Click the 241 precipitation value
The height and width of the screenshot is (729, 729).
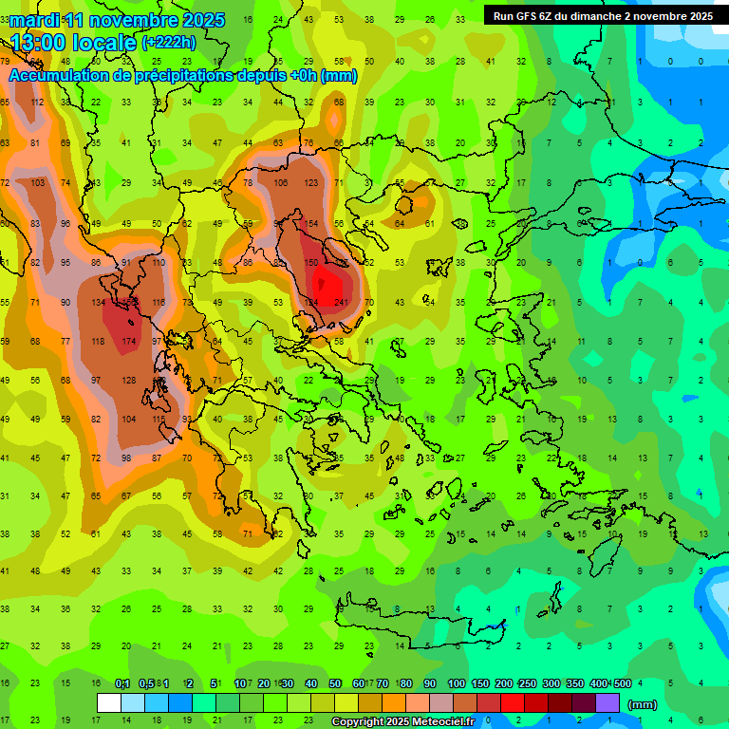pyautogui.click(x=341, y=303)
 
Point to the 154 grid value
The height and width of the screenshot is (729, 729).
pyautogui.click(x=310, y=223)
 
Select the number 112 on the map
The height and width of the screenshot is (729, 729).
pyautogui.click(x=37, y=103)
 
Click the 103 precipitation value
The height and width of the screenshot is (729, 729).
pyautogui.click(x=37, y=182)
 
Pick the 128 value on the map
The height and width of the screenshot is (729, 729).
pyautogui.click(x=128, y=381)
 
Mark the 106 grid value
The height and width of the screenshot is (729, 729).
pyautogui.click(x=280, y=182)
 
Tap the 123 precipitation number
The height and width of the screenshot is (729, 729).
pyautogui.click(x=310, y=182)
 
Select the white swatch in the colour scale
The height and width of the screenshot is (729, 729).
pyautogui.click(x=109, y=703)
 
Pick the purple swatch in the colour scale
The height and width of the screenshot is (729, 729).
pyautogui.click(x=607, y=703)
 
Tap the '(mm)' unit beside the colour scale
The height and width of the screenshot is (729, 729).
pyautogui.click(x=643, y=704)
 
